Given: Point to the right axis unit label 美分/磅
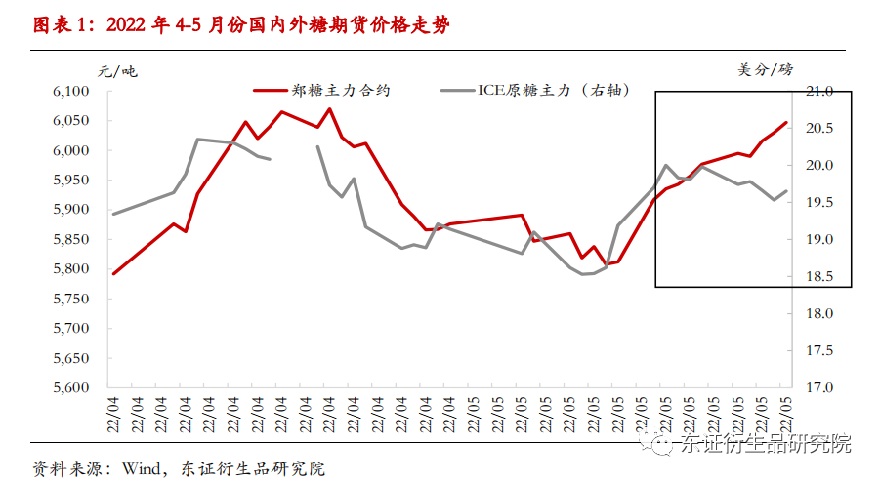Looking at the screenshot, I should [766, 69].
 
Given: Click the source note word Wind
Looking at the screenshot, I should [139, 468].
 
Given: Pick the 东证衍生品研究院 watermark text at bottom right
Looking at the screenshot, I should [766, 444].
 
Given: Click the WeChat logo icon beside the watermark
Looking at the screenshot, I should [663, 445].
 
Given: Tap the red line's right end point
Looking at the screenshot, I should [787, 122].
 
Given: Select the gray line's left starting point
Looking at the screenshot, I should [113, 214].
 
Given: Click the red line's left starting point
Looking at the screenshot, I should [113, 274].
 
